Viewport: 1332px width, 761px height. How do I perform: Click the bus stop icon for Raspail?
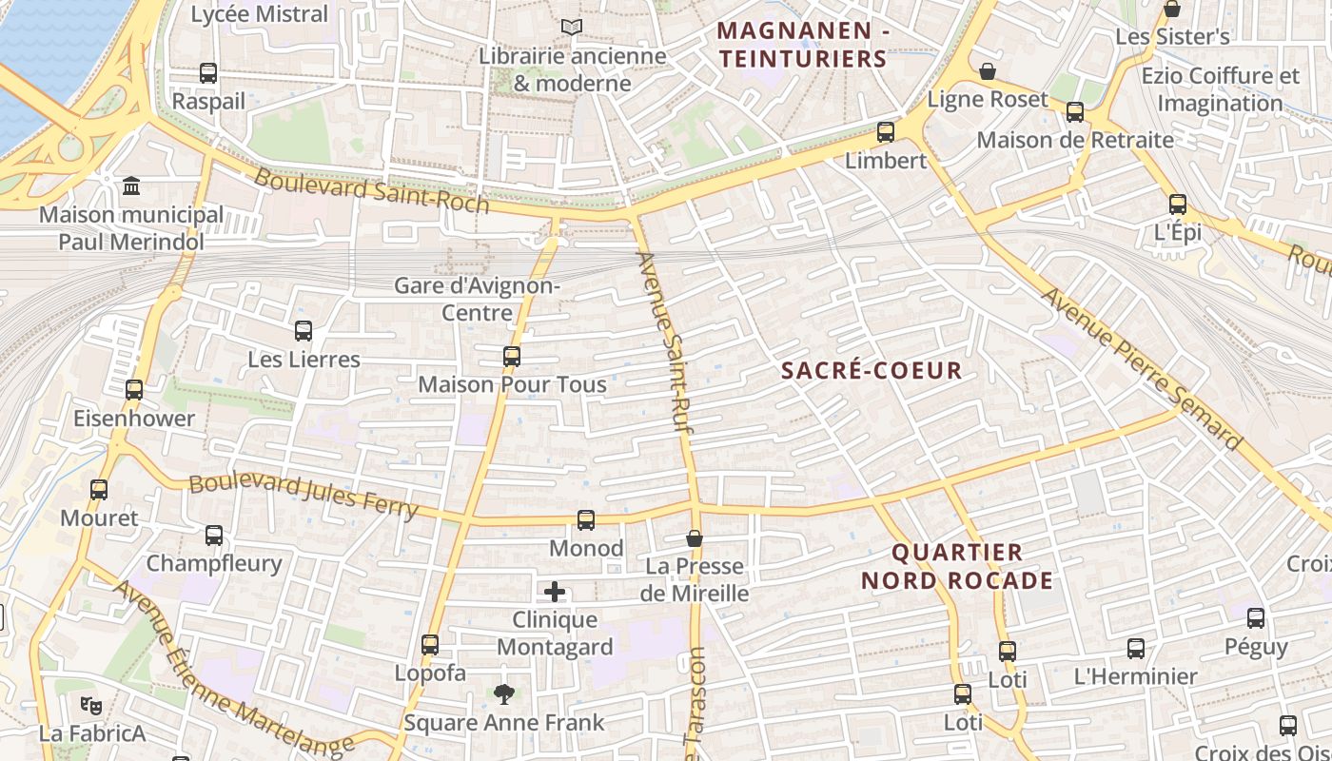click(207, 72)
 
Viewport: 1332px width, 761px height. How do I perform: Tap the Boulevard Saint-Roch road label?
click(371, 191)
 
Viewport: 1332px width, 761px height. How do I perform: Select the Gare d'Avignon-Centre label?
click(478, 299)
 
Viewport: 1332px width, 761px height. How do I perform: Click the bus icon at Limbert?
click(886, 132)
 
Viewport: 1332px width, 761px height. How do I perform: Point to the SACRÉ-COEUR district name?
click(872, 371)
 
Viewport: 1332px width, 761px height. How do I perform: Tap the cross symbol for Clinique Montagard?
click(555, 593)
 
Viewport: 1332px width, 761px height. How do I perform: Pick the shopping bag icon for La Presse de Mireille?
click(695, 539)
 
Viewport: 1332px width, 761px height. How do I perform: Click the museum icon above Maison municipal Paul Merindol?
click(131, 185)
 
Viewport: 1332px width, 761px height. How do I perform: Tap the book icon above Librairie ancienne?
click(571, 28)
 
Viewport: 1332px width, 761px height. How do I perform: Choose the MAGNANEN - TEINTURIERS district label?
click(803, 45)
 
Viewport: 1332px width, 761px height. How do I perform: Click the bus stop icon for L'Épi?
click(1178, 205)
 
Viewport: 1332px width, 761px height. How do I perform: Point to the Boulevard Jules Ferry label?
click(304, 496)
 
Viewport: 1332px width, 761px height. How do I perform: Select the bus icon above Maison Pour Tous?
click(512, 357)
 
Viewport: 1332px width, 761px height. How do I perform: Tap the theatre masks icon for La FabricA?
click(91, 706)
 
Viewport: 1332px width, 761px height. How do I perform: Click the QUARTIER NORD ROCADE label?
click(957, 566)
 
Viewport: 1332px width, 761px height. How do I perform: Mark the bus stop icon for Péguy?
click(1256, 618)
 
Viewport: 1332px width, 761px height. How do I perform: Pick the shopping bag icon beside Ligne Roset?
click(989, 71)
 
